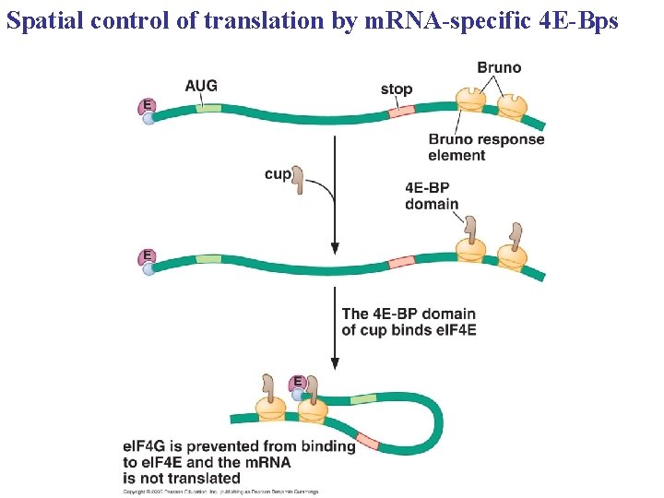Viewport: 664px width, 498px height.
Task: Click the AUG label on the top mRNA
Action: (201, 86)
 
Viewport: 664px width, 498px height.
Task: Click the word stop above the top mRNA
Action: (397, 89)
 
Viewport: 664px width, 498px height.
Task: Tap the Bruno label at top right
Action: (499, 67)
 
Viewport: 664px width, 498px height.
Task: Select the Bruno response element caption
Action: (486, 147)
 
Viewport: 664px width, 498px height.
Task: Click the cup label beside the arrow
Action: (277, 173)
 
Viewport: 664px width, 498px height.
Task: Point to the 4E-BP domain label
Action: (433, 196)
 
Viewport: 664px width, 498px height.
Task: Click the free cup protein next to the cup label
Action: (299, 181)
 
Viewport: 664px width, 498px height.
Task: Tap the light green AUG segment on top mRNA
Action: (208, 109)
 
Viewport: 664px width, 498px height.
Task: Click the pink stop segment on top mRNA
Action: (402, 113)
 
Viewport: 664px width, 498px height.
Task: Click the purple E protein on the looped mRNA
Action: (297, 383)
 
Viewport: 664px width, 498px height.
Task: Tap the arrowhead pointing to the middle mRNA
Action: (335, 248)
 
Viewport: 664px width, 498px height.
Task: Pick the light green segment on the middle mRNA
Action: (208, 260)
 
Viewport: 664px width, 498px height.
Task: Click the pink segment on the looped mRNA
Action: (367, 440)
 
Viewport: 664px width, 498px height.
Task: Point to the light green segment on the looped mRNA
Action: (363, 399)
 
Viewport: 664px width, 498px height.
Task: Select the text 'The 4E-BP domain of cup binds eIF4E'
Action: (408, 322)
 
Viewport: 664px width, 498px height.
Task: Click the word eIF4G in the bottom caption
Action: (147, 446)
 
